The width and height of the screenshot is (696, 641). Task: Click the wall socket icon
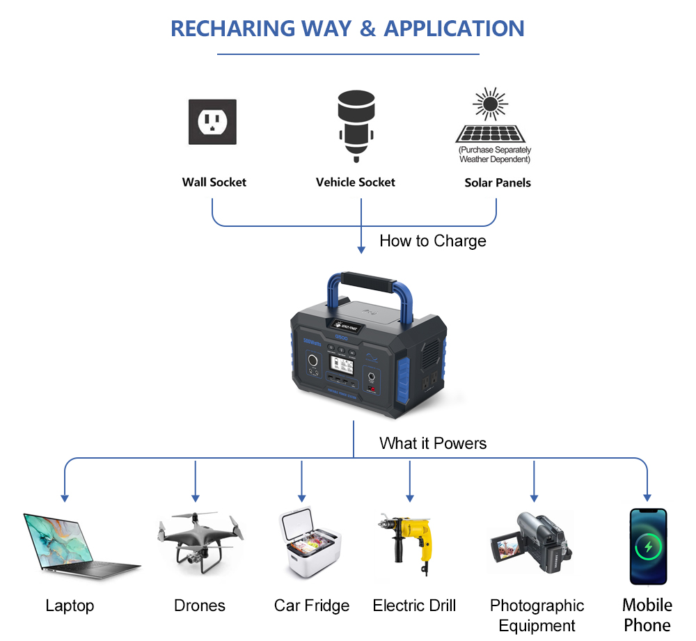212,122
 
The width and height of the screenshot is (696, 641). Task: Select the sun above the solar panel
491,104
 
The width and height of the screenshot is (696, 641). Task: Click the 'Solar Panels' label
497,183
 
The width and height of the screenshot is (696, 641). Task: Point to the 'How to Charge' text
432,241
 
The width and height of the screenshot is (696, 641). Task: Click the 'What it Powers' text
432,443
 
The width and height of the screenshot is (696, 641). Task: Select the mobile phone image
648,546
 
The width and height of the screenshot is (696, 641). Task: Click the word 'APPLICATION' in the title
454,29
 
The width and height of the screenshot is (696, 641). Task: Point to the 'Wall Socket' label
214,182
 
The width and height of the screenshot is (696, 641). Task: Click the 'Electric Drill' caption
414,606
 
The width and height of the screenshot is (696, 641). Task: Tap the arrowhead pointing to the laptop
65,498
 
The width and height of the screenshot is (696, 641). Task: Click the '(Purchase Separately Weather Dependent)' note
494,155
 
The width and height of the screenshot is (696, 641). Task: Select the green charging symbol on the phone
648,546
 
